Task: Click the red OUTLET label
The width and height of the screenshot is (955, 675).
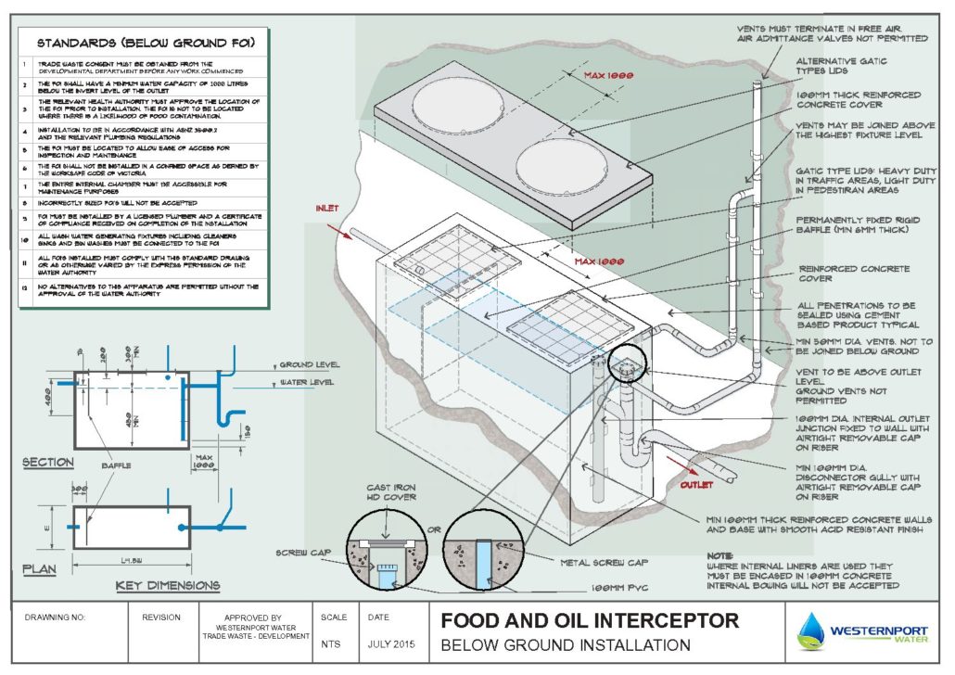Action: (x=696, y=485)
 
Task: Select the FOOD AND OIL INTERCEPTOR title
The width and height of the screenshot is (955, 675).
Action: (x=589, y=619)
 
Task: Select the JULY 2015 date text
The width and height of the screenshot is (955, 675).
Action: (x=389, y=643)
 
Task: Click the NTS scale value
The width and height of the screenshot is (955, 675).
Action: (x=330, y=643)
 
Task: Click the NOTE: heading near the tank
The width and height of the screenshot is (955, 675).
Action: (x=719, y=554)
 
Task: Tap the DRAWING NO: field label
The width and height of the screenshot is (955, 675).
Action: (x=55, y=616)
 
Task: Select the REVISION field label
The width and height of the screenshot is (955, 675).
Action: (x=160, y=616)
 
